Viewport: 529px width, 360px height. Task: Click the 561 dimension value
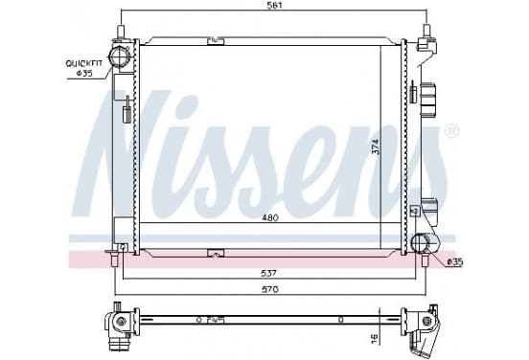[274, 5]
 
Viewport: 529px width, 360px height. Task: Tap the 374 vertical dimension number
[376, 146]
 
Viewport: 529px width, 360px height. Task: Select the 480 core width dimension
[270, 218]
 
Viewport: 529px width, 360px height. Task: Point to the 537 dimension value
[269, 273]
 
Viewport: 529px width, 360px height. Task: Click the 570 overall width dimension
[270, 289]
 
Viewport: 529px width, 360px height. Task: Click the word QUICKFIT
[83, 63]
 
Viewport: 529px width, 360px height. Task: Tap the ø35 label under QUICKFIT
[84, 73]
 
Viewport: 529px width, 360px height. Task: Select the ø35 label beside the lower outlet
[455, 261]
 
